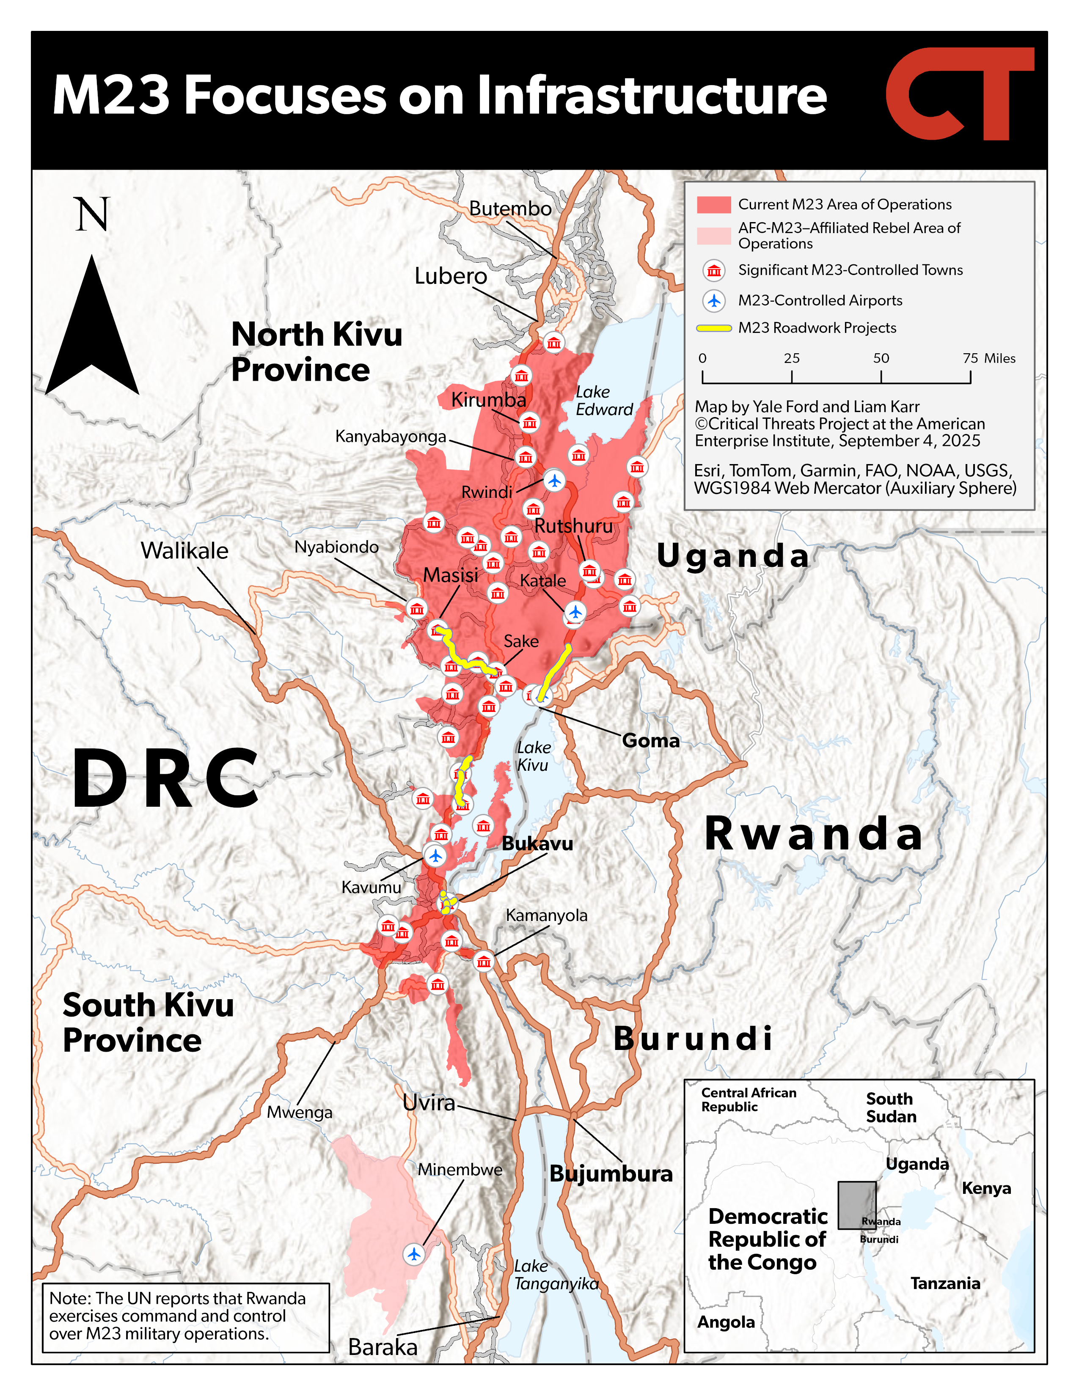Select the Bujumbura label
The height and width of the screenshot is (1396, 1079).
coord(611,1173)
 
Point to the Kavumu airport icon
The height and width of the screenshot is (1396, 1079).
coord(435,855)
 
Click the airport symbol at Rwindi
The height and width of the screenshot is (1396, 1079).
coord(554,480)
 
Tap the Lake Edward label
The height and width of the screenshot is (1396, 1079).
coord(603,401)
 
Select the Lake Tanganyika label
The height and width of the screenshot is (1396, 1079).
coord(556,1275)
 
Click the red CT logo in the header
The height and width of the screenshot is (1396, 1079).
coord(959,94)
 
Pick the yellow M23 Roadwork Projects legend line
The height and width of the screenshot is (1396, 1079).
coord(713,328)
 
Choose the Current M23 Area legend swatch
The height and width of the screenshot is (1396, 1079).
coord(713,205)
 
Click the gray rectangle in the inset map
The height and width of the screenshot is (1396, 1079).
coord(856,1205)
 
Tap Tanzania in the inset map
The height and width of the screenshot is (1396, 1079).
coord(945,1283)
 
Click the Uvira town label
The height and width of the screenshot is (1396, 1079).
coord(429,1102)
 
